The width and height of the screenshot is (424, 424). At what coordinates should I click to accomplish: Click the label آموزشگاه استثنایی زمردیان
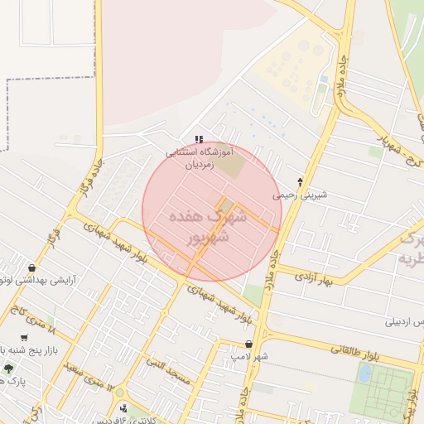(x=200, y=158)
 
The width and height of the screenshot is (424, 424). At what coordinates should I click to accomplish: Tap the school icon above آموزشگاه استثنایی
(x=198, y=139)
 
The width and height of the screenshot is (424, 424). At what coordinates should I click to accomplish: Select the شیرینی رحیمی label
(x=301, y=195)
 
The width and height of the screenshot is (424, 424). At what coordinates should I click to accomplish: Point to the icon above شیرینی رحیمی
(x=300, y=181)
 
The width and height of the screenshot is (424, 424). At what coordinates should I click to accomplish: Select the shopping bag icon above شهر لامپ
(x=248, y=344)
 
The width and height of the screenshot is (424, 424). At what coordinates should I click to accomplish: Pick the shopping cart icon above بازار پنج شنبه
(x=25, y=338)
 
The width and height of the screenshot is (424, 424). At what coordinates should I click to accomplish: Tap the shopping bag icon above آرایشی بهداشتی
(x=31, y=267)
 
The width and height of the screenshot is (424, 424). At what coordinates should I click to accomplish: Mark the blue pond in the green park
(x=364, y=373)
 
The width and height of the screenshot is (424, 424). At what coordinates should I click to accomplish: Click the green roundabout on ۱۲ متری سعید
(x=120, y=392)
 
